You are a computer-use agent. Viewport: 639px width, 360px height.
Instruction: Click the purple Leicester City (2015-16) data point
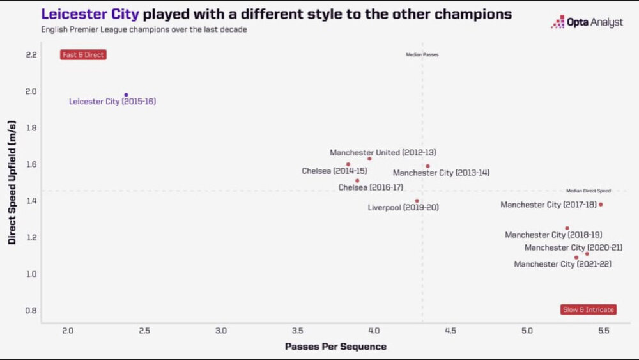[126, 95]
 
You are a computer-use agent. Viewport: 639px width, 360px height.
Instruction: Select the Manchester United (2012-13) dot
[369, 159]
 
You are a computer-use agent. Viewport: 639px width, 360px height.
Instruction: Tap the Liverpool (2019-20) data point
[417, 201]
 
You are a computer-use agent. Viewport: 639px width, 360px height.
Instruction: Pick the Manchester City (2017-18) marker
[601, 205]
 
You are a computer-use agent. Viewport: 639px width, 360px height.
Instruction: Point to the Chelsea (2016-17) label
[371, 187]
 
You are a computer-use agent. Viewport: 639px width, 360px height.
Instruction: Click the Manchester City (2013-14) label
[441, 173]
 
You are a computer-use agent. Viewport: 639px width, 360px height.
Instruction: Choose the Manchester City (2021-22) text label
[562, 264]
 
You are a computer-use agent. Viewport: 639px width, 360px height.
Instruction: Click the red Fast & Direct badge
[83, 55]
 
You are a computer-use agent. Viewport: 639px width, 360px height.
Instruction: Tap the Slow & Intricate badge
[588, 309]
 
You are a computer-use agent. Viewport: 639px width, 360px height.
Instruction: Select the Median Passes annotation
[422, 55]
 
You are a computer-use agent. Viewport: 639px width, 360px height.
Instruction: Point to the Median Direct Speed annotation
[589, 191]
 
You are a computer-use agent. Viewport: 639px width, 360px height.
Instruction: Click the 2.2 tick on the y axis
[31, 54]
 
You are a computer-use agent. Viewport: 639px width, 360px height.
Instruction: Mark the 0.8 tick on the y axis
[31, 310]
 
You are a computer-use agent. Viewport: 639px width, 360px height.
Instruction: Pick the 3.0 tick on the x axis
[221, 331]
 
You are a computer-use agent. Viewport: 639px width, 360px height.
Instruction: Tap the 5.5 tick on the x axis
[604, 331]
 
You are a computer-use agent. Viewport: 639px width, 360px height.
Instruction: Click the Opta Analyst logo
[587, 22]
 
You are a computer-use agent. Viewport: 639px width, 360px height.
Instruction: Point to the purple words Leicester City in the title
[89, 13]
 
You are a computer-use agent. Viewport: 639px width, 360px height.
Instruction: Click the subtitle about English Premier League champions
[144, 29]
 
